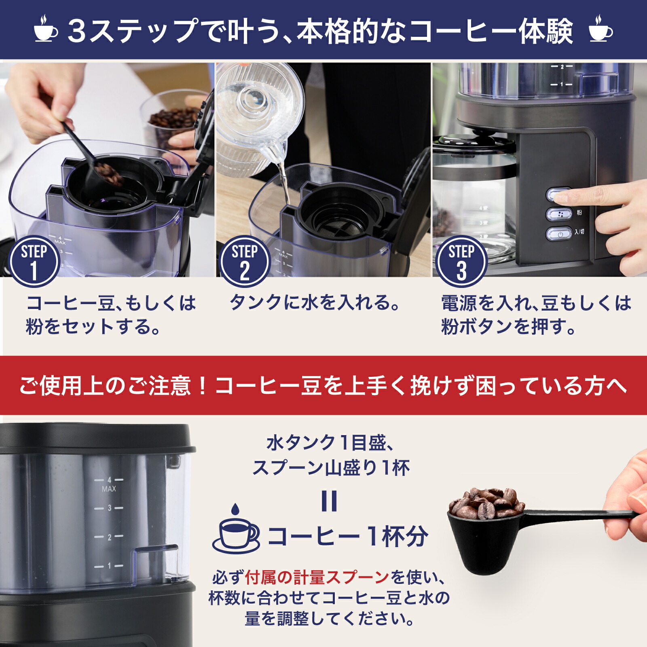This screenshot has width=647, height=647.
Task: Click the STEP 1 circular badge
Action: (x=34, y=261)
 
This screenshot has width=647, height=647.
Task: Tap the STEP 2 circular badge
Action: (x=244, y=261)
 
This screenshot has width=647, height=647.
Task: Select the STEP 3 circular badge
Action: (x=461, y=261)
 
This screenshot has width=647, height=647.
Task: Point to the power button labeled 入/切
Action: (x=559, y=234)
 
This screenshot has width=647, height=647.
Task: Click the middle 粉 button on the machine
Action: (x=559, y=214)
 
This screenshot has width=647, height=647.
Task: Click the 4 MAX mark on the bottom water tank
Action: (x=109, y=484)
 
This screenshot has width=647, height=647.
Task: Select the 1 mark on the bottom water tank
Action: (x=109, y=566)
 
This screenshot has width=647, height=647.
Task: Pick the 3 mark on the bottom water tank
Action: (x=109, y=508)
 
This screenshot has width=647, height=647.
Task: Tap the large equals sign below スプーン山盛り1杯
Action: (x=329, y=501)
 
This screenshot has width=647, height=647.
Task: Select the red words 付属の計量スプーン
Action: (x=317, y=577)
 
